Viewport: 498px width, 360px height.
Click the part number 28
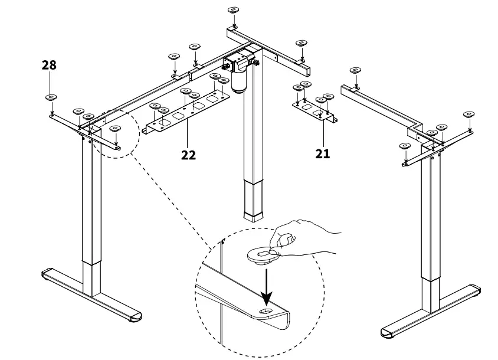point(49,65)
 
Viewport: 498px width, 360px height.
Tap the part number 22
point(188,155)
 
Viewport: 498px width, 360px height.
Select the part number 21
point(322,153)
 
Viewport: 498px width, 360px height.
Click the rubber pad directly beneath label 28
point(51,98)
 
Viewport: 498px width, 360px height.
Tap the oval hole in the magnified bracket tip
point(267,311)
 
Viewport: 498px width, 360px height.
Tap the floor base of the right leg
point(431,313)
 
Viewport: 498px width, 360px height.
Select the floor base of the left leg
point(91,295)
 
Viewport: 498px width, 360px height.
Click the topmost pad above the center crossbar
point(234,11)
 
